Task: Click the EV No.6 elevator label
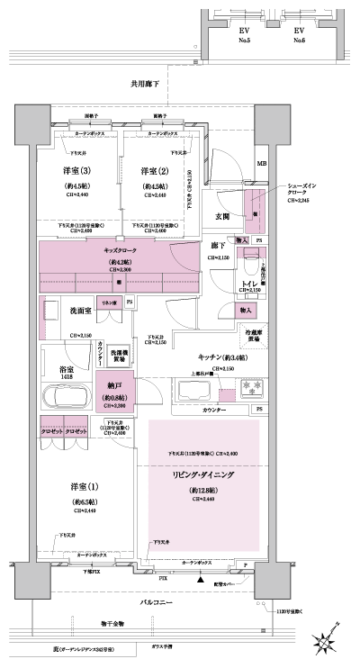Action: click(300, 34)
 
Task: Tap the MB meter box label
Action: click(262, 164)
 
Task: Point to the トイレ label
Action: click(248, 284)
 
